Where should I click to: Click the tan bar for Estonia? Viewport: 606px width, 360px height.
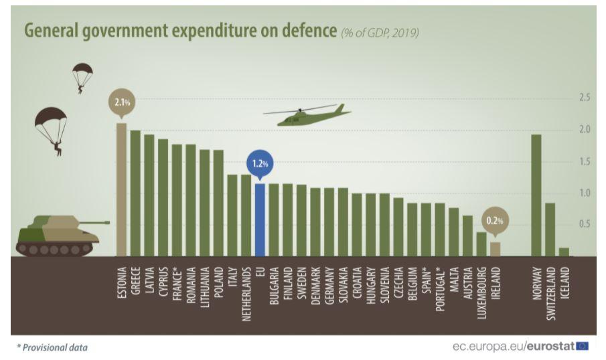(121, 189)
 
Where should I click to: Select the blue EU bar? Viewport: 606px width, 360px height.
(260, 219)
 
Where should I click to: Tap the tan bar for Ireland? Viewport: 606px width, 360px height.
(495, 248)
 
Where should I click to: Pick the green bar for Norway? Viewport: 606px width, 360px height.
(536, 195)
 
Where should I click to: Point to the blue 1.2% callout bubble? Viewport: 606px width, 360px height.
(260, 163)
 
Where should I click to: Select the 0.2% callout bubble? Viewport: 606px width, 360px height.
(495, 219)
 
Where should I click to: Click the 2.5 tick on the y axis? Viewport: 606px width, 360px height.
(584, 98)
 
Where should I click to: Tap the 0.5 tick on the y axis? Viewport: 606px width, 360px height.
(584, 224)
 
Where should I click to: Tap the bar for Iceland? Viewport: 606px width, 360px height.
(564, 252)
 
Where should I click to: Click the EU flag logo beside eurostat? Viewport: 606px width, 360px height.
(582, 346)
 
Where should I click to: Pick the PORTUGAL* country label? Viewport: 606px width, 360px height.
(439, 288)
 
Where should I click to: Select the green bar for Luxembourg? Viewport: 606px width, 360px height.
(481, 244)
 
